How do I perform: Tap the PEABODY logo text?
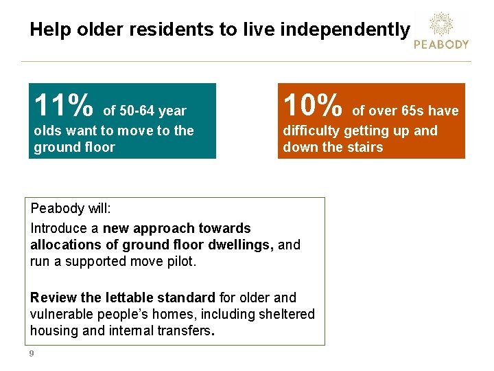point(441,44)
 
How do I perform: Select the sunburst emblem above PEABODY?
point(441,23)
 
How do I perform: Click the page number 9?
point(32,354)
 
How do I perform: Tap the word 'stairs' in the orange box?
point(364,147)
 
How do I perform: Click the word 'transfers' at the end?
point(186,330)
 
